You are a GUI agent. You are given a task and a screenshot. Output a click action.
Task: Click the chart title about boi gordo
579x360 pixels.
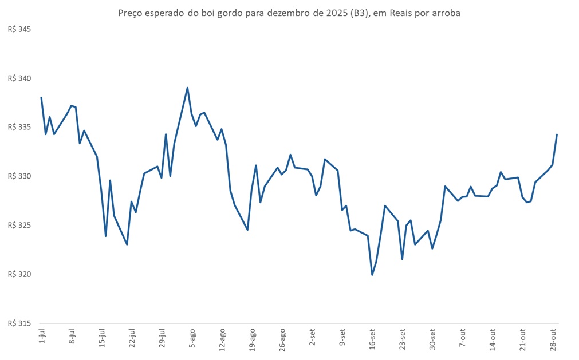pos(289,13)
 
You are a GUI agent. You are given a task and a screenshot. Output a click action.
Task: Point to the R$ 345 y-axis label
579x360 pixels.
pos(19,29)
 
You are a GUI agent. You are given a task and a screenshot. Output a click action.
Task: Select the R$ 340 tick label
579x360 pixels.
pos(19,78)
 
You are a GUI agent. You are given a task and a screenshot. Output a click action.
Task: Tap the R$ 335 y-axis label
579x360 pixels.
pos(19,127)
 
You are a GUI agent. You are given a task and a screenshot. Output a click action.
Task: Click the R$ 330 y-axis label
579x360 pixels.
pos(19,176)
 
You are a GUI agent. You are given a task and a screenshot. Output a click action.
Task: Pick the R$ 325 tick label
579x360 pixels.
pos(19,225)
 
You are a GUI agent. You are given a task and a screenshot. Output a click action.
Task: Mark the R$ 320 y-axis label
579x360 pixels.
pos(19,274)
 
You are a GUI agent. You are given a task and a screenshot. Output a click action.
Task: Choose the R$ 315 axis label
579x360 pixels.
pos(19,323)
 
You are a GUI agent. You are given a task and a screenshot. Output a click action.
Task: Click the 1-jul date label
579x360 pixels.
pos(42,338)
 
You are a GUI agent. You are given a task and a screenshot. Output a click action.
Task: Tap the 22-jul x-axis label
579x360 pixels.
pos(132,339)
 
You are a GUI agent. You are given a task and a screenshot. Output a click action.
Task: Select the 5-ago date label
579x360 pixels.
pos(193,338)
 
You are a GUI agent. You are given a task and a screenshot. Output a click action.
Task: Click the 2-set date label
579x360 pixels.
pos(313,338)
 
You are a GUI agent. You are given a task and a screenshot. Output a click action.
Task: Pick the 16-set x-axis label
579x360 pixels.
pos(373,339)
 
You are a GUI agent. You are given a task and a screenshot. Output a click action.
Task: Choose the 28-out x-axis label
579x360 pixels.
pos(554,339)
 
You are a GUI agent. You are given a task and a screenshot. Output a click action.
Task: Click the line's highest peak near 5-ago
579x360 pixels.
pos(187,88)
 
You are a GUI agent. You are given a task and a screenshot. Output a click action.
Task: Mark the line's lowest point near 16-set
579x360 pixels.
pos(372,275)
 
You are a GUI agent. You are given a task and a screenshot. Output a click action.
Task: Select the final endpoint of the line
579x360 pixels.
pos(557,134)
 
